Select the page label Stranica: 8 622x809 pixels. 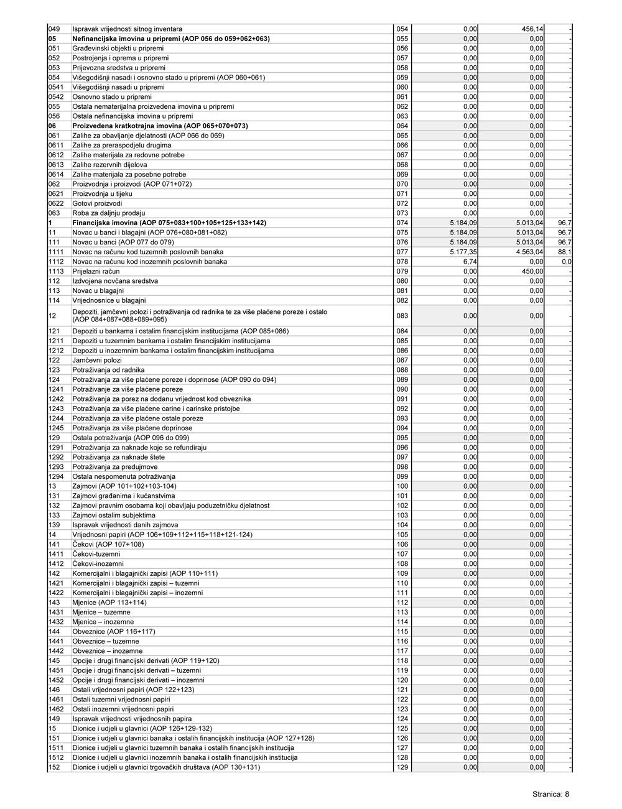pyautogui.click(x=550, y=794)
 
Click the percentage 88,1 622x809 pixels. pyautogui.click(x=565, y=252)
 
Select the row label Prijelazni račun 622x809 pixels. pyautogui.click(x=96, y=272)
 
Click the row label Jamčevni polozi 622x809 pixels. pyautogui.click(x=97, y=360)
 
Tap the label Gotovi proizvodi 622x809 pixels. pyautogui.click(x=97, y=203)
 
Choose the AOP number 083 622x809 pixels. pyautogui.click(x=402, y=316)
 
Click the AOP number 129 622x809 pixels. pyautogui.click(x=402, y=767)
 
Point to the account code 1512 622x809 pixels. pyautogui.click(x=56, y=757)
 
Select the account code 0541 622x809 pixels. pyautogui.click(x=56, y=87)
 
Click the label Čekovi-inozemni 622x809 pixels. pyautogui.click(x=97, y=563)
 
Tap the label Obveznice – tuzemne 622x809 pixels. pyautogui.click(x=106, y=641)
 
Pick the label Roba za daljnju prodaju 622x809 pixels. pyautogui.click(x=104, y=213)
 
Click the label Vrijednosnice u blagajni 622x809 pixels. pyautogui.click(x=109, y=300)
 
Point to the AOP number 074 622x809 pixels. pyautogui.click(x=402, y=223)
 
